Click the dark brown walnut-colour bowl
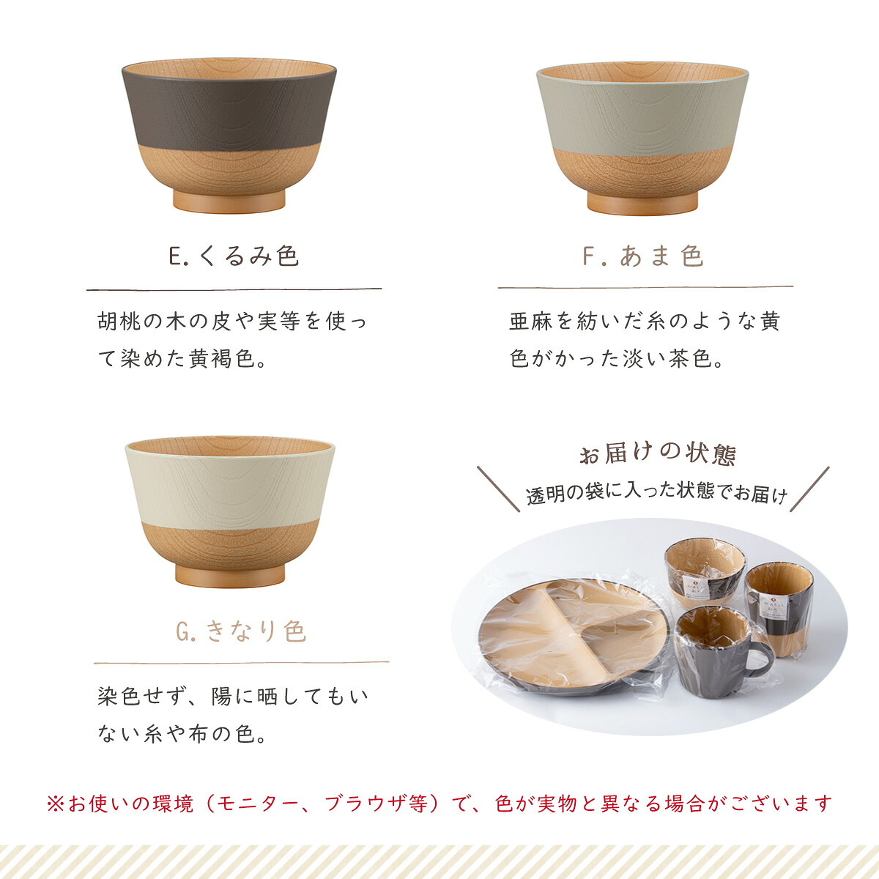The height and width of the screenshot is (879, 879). [x=229, y=135]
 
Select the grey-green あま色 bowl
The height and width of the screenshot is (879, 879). [x=642, y=138]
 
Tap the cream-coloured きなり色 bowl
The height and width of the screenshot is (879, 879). [x=230, y=511]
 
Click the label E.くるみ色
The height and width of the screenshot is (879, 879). [x=234, y=256]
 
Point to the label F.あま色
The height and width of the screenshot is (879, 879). [x=643, y=256]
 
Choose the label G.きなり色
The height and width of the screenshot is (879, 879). [x=241, y=631]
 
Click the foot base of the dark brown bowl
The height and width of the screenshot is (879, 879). [x=229, y=201]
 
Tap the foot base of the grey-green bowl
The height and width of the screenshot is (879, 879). [x=642, y=204]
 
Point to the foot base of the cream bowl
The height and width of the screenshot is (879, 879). [x=230, y=576]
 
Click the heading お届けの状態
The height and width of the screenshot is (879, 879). [x=657, y=453]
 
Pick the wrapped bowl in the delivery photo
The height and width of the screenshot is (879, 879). [x=705, y=573]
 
